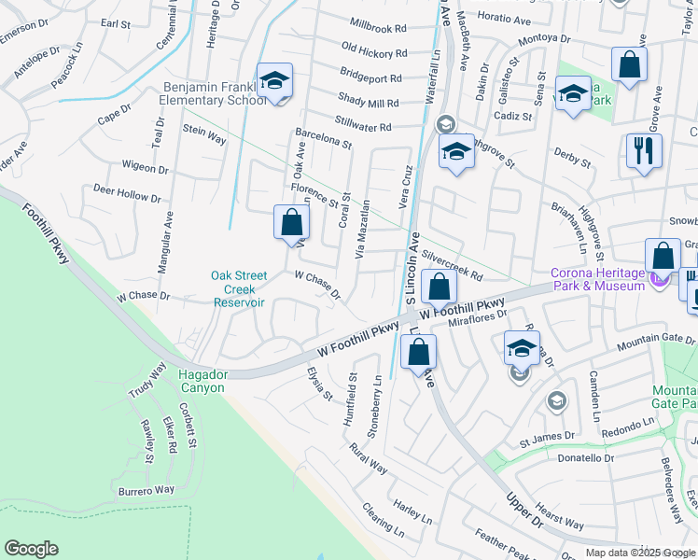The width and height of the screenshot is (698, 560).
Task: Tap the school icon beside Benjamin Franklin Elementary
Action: point(274,82)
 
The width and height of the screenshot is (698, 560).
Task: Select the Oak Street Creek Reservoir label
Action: point(239,288)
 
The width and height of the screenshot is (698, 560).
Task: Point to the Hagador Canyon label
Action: point(202,381)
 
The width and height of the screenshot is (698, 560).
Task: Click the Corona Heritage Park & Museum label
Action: point(597,279)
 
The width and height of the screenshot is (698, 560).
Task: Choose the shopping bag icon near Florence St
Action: point(291,223)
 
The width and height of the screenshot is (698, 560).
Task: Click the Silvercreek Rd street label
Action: point(452,265)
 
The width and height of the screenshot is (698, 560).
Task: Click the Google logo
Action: point(31,549)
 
